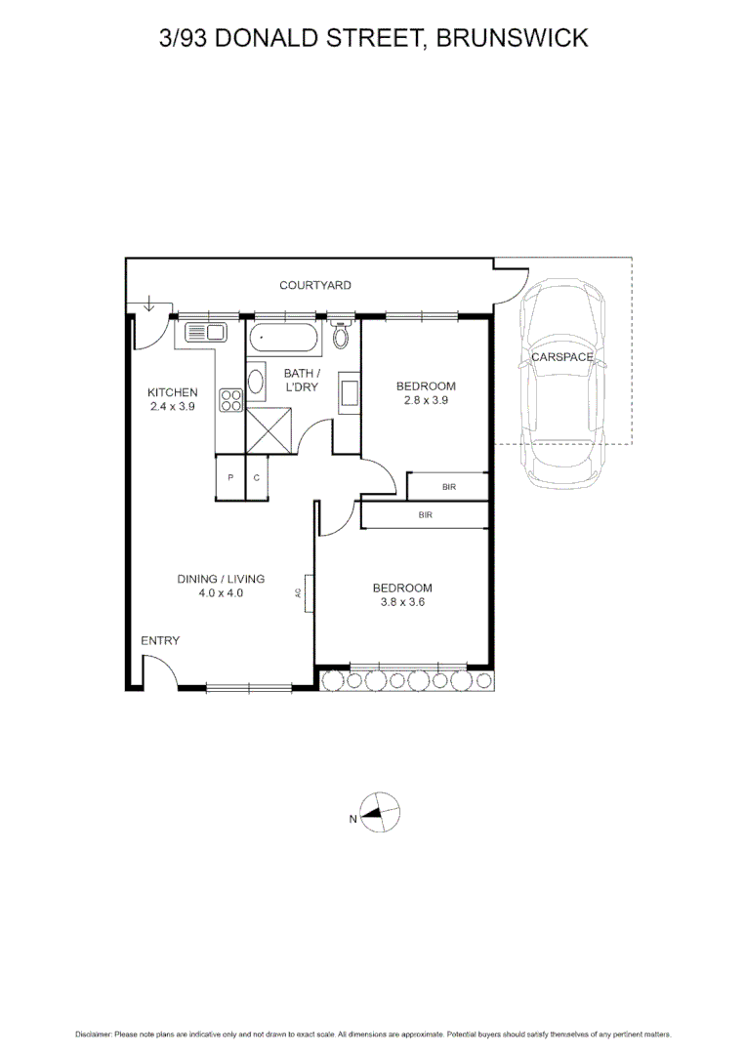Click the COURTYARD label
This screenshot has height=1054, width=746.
314,285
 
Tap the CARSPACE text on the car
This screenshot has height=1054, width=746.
561,357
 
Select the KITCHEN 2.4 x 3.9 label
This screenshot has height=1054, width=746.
172,399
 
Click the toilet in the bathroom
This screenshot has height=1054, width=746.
341,337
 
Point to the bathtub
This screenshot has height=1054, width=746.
282,340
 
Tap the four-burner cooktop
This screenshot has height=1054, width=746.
231,399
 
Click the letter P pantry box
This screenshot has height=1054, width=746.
230,477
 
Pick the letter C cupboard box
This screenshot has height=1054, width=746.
256,477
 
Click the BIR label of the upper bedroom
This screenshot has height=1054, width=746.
448,485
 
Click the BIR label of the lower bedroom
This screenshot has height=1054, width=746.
425,514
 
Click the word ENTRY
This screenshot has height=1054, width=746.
160,640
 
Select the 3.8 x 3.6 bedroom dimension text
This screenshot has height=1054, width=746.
402,602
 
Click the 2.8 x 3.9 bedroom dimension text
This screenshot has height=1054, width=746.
426,399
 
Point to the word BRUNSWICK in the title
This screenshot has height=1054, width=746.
512,38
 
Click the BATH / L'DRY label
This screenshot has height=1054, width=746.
301,380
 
